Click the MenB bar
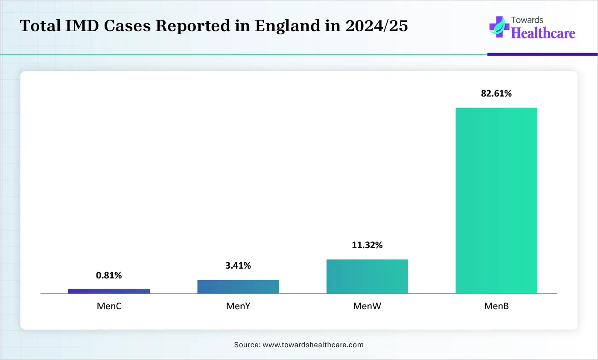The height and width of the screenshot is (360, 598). pyautogui.click(x=496, y=200)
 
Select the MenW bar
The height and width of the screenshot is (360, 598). pyautogui.click(x=367, y=276)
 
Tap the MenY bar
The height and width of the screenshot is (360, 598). pyautogui.click(x=238, y=287)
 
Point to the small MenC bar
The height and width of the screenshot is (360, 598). pyautogui.click(x=109, y=291)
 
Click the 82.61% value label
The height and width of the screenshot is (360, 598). pyautogui.click(x=496, y=94)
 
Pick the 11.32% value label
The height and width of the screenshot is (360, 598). pyautogui.click(x=367, y=245)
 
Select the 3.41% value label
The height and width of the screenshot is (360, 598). pyautogui.click(x=238, y=266)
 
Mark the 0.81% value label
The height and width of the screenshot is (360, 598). pyautogui.click(x=109, y=275)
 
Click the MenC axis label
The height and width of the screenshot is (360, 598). pyautogui.click(x=109, y=306)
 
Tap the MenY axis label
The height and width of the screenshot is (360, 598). pyautogui.click(x=238, y=306)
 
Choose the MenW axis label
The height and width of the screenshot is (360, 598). pyautogui.click(x=367, y=306)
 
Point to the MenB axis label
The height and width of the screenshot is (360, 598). pyautogui.click(x=496, y=306)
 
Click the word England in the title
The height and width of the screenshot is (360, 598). pyautogui.click(x=287, y=26)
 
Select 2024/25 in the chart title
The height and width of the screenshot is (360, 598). pyautogui.click(x=376, y=26)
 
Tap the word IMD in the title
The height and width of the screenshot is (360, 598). pyautogui.click(x=82, y=26)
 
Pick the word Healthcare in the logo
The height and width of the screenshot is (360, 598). pyautogui.click(x=543, y=33)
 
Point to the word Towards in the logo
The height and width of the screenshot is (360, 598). pyautogui.click(x=527, y=20)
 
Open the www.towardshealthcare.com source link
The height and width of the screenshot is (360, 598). pyautogui.click(x=313, y=345)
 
